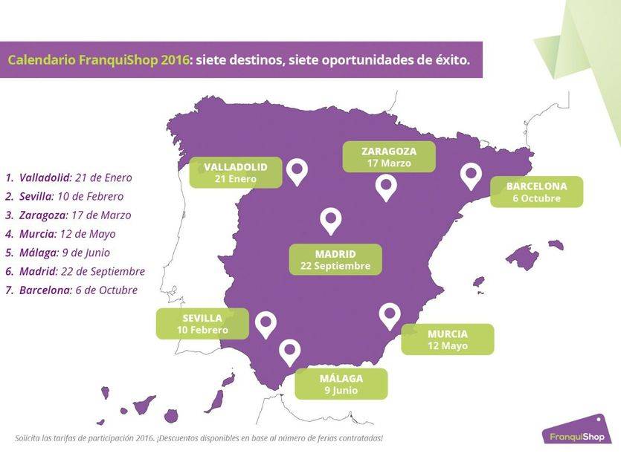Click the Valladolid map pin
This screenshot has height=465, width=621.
click(x=297, y=171)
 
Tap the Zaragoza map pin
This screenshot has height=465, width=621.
click(x=385, y=187)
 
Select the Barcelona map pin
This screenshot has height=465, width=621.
click(x=471, y=175)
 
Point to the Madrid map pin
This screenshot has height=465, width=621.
click(x=330, y=220)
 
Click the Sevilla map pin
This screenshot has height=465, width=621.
click(x=266, y=324)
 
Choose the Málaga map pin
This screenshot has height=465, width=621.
click(x=289, y=351)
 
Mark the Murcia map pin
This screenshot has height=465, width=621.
click(x=390, y=316)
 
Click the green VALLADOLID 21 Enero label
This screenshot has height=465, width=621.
click(x=236, y=172)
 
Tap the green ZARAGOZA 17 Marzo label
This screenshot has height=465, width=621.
click(x=388, y=157)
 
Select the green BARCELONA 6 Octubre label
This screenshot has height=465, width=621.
click(x=536, y=192)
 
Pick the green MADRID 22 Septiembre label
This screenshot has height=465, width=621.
click(x=335, y=259)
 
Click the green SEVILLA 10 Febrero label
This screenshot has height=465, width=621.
click(x=202, y=324)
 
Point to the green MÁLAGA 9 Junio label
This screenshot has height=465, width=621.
click(x=341, y=384)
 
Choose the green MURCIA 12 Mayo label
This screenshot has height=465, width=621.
click(x=447, y=339)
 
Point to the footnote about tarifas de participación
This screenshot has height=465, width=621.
click(x=199, y=438)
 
